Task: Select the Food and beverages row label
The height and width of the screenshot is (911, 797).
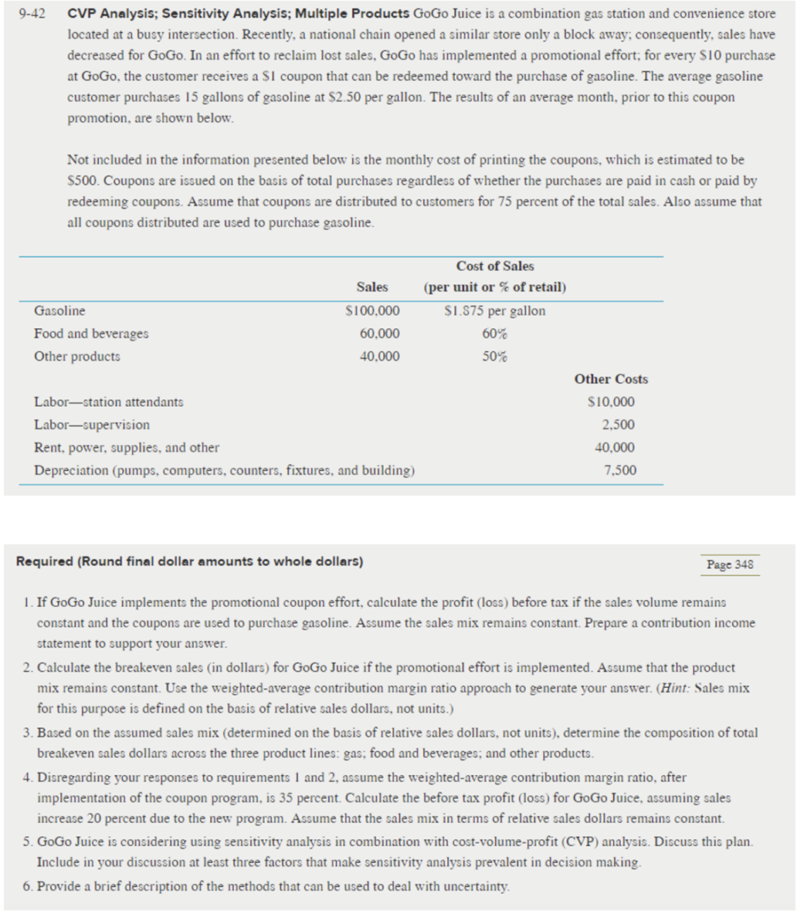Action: point(91,334)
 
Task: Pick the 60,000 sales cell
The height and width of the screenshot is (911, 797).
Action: point(380,334)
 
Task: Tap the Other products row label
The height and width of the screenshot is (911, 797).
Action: point(77,357)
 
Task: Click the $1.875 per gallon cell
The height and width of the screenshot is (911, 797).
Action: point(495,311)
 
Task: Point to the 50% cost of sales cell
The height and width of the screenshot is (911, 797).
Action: point(495,357)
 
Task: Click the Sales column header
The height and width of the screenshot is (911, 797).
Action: point(372,286)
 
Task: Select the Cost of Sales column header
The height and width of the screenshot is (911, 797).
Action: point(495,266)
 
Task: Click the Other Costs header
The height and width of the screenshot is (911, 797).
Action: point(611,379)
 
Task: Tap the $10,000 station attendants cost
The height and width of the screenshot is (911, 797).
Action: point(612,401)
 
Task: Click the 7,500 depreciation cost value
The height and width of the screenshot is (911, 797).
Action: point(620,470)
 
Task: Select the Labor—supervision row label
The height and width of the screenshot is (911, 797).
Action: point(92,425)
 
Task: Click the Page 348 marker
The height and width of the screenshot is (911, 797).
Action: point(730,564)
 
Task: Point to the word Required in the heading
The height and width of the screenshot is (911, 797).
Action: point(44,561)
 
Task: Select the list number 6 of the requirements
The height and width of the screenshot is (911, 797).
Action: point(27,886)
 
